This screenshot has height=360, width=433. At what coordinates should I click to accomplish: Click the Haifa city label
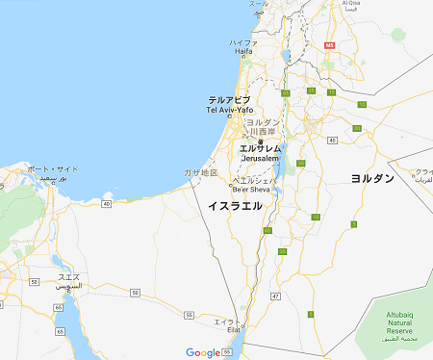[x=242, y=48]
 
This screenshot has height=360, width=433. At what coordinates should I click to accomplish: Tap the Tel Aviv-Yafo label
[x=229, y=105]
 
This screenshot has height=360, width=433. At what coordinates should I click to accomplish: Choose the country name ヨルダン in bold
[x=372, y=178]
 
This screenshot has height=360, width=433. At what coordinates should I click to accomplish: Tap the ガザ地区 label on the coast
[x=201, y=172]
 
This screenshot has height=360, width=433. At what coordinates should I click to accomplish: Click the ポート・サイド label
[x=54, y=173]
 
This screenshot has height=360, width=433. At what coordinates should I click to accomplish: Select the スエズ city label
[x=69, y=281]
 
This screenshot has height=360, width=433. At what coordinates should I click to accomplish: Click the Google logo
[x=202, y=352]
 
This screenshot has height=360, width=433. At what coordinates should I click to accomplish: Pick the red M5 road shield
[x=330, y=44]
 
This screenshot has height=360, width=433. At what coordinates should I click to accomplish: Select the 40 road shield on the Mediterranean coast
[x=105, y=204]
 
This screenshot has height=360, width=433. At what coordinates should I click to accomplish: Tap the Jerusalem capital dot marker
[x=260, y=141]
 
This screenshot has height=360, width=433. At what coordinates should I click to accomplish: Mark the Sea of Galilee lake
[x=286, y=56]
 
